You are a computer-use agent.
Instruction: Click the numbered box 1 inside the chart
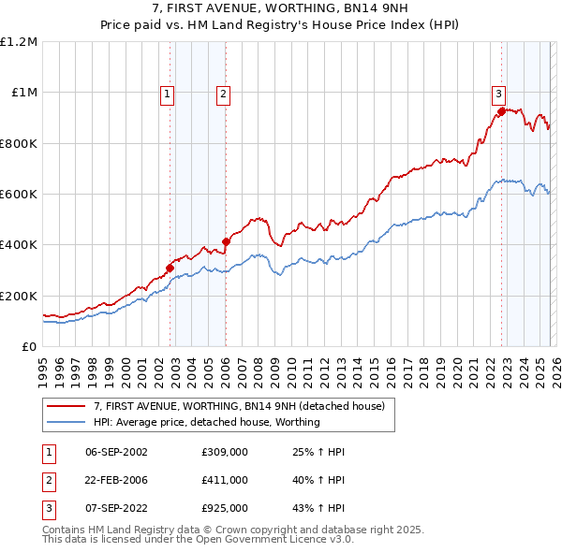click(167, 93)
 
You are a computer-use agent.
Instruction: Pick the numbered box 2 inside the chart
click(224, 93)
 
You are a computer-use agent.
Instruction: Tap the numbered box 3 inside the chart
click(498, 93)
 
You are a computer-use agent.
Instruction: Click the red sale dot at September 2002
click(170, 269)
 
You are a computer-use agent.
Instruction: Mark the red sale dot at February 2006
click(226, 242)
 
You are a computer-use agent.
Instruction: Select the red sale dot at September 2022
click(501, 111)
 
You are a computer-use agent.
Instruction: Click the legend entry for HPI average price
click(206, 422)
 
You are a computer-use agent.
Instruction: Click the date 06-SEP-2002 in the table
click(116, 452)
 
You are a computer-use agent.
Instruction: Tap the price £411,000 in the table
click(225, 480)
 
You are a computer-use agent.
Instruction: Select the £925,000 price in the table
click(225, 508)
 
